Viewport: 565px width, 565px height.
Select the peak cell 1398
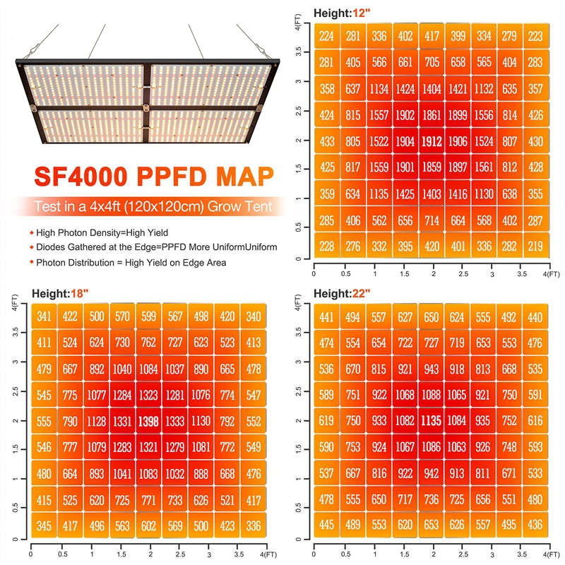coord(148,422)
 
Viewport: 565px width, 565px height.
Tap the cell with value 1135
coord(431,421)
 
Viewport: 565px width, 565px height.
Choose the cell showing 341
coord(44,316)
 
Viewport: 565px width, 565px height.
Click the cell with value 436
coord(535,525)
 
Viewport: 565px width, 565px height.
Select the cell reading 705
coord(431,63)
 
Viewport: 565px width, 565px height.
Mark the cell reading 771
coord(148,500)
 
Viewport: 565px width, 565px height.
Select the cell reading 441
coord(326,316)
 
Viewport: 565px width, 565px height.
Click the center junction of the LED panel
coord(146,107)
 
